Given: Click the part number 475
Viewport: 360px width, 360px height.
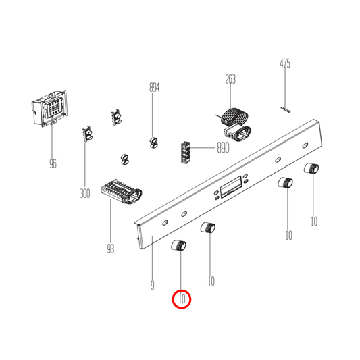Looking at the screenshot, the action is click(285, 63).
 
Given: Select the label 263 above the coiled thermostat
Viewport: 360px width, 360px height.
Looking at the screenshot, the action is click(230, 79).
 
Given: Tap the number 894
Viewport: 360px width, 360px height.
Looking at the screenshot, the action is click(154, 88).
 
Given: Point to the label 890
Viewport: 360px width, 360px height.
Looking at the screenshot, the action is click(223, 148).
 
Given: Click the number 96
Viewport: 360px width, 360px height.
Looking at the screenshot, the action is click(53, 163).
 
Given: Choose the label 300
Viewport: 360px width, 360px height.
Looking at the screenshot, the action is click(84, 193).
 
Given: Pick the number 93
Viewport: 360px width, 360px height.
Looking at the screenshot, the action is click(111, 249).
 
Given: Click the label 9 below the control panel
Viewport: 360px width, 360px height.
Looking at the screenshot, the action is click(153, 286).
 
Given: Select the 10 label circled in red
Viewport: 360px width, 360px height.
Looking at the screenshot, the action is click(182, 299).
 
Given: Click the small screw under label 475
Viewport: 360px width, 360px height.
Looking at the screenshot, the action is click(286, 110).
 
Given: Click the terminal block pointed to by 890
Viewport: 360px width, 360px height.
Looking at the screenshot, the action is click(186, 152).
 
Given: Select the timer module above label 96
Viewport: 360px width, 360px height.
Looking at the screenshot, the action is click(49, 108).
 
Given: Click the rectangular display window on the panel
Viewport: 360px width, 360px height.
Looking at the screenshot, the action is click(231, 187).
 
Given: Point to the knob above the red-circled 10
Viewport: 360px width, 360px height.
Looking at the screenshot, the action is click(179, 245).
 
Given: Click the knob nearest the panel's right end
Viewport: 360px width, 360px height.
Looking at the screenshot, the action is click(311, 169).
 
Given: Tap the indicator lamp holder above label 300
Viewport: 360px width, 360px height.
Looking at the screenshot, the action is click(88, 134).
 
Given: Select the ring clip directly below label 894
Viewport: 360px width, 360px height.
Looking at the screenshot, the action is click(153, 142).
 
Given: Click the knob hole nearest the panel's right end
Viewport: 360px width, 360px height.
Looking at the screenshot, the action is click(305, 145).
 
